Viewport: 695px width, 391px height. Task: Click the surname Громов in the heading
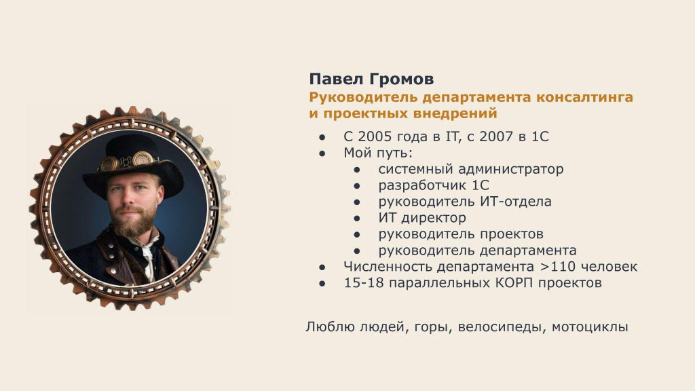pyautogui.click(x=401, y=79)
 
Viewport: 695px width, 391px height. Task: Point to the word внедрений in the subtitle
pyautogui.click(x=455, y=113)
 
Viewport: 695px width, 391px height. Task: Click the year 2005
pyautogui.click(x=375, y=136)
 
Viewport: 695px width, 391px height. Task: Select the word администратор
pyautogui.click(x=510, y=169)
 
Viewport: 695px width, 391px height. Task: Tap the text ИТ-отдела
pyautogui.click(x=516, y=202)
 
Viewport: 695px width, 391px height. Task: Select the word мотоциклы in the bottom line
pyautogui.click(x=590, y=327)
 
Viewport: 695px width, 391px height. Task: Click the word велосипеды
pyautogui.click(x=502, y=327)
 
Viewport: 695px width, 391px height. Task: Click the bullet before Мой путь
pyautogui.click(x=322, y=153)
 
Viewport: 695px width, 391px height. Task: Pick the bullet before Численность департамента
pyautogui.click(x=322, y=267)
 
